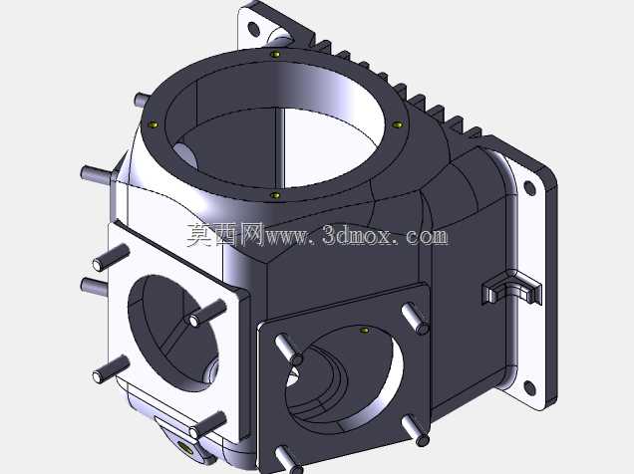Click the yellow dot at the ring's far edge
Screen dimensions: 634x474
275,54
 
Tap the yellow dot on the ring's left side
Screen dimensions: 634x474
154,124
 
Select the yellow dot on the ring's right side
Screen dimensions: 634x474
398,124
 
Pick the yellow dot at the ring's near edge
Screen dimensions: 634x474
275,195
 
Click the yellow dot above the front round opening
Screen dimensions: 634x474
364,331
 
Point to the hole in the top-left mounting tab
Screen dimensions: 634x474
253,29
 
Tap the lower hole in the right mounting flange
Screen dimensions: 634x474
529,387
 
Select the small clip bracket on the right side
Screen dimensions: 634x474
511,288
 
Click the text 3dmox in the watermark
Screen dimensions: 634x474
357,235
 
